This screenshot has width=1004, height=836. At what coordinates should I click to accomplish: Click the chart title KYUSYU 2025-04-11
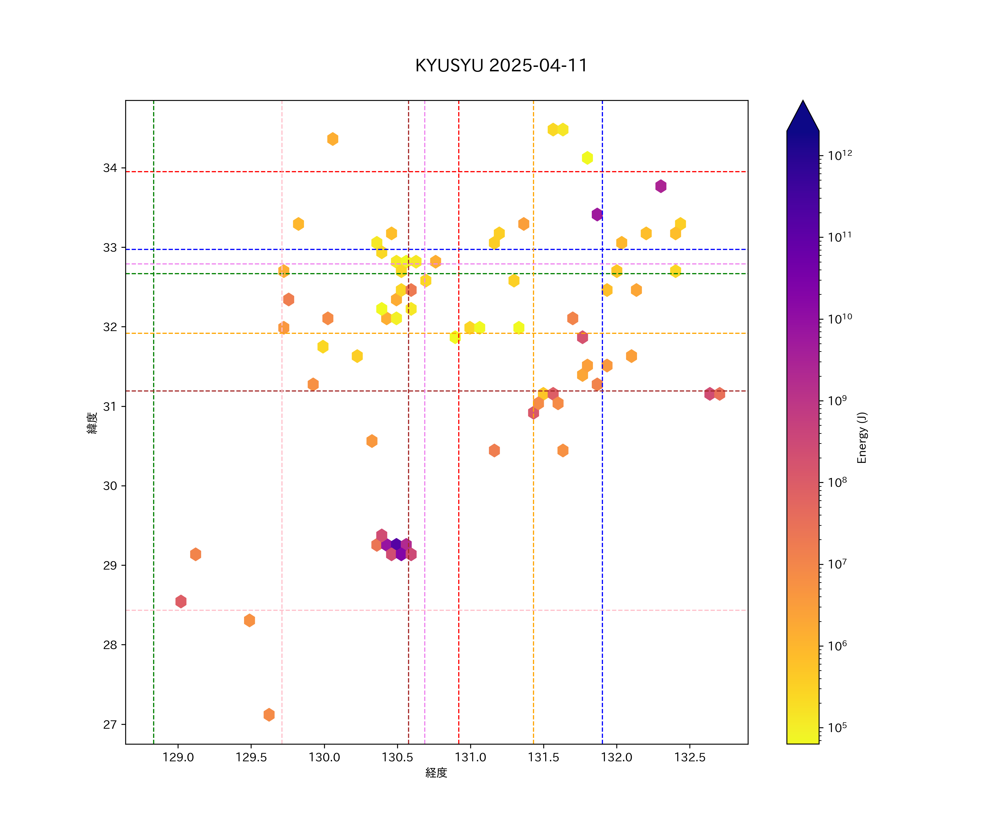point(501,65)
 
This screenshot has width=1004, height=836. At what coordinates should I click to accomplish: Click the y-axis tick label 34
point(110,168)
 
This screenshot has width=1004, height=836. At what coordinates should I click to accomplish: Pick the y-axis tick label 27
point(110,725)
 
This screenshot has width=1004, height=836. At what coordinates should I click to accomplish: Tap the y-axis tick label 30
point(110,486)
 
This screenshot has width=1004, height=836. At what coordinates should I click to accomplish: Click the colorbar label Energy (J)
point(861,438)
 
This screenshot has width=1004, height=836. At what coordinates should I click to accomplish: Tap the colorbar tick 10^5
point(838,728)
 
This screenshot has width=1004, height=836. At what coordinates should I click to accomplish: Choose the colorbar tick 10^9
point(838,400)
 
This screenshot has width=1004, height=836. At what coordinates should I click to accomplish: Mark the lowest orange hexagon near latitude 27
point(269,715)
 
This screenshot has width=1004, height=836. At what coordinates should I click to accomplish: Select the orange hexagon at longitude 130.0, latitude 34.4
point(333,139)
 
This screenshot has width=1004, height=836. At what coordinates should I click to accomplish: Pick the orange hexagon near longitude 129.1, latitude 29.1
point(196,554)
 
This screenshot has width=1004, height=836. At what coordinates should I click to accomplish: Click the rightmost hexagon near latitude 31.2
point(720,394)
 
